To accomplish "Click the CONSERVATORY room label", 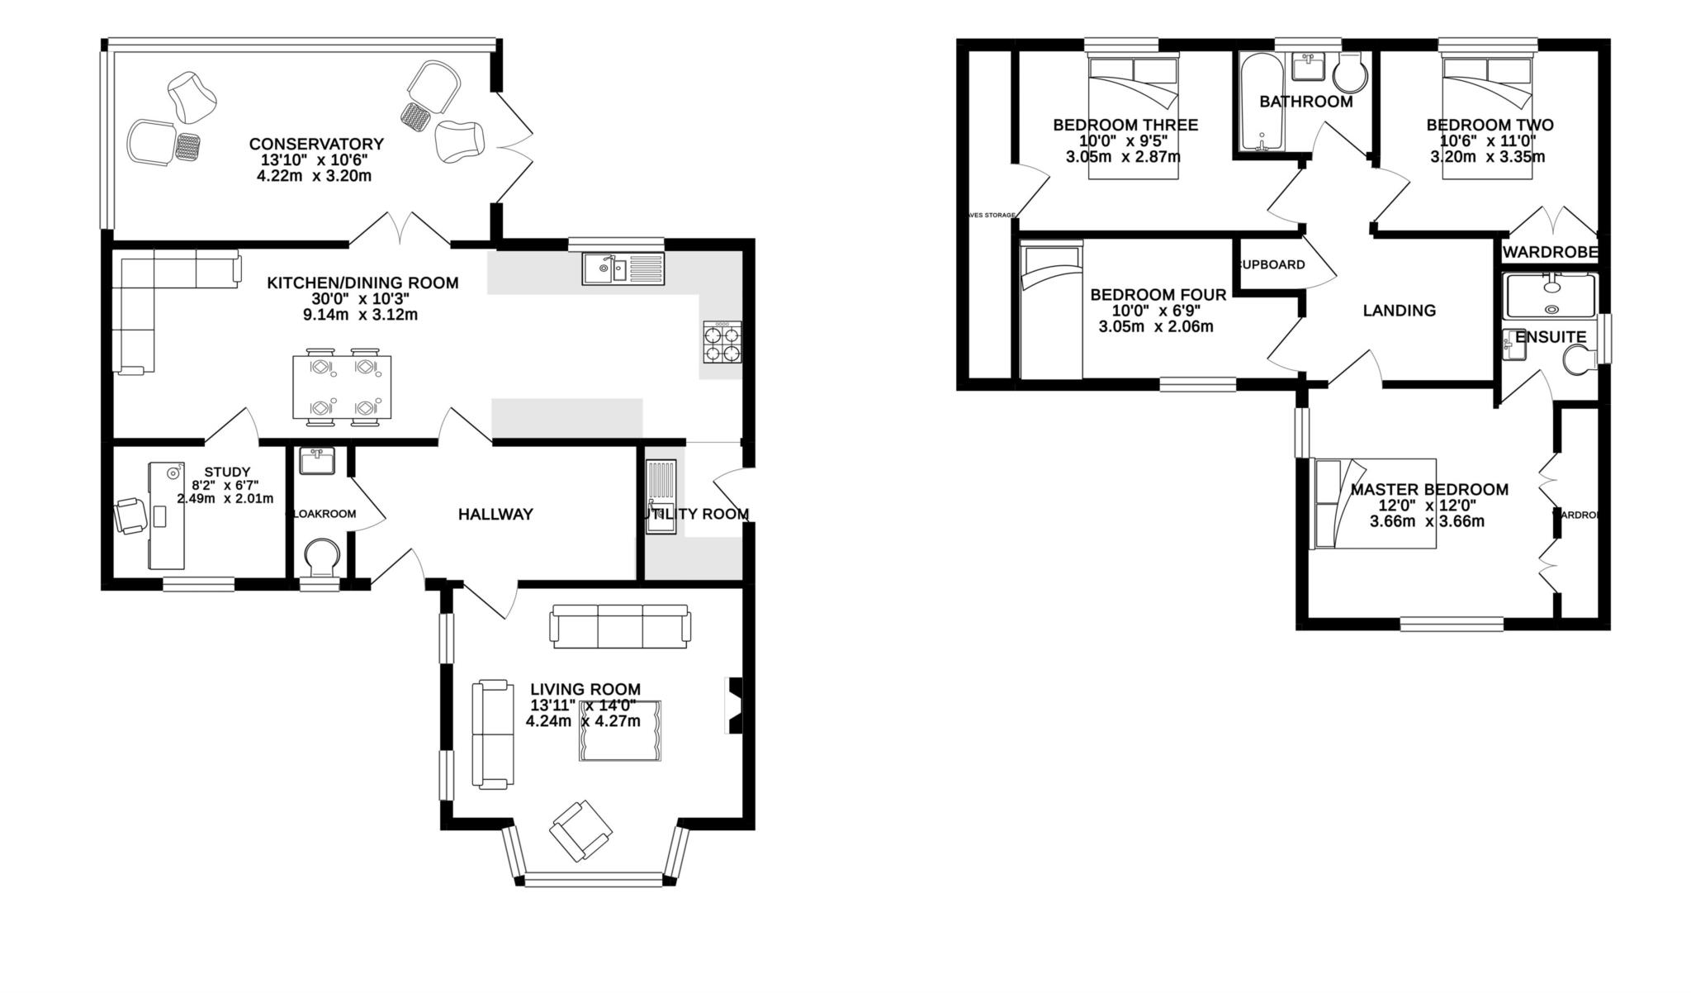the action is (316, 145).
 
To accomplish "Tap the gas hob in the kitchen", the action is (722, 342).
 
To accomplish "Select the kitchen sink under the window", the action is (622, 268).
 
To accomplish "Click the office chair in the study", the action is (130, 515).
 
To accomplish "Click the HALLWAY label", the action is (495, 514).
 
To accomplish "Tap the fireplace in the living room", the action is (733, 705).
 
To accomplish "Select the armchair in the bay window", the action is (581, 829).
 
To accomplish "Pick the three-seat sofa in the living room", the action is (620, 625).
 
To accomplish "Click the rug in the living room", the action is (619, 730).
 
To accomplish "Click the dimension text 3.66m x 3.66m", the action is (1427, 521).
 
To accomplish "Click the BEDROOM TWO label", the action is (1490, 125).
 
